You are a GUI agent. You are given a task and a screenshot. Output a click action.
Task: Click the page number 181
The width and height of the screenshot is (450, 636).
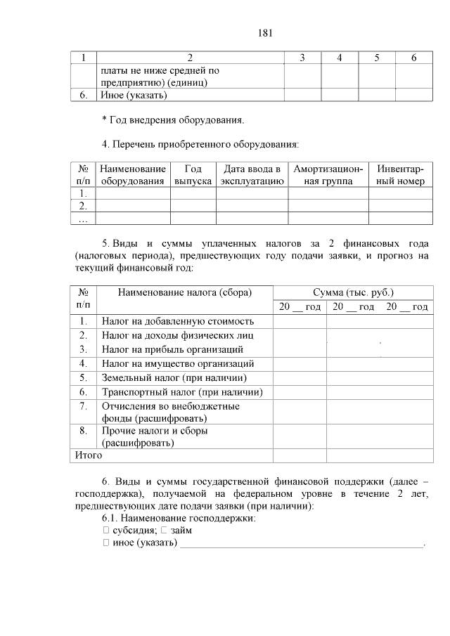[264, 33]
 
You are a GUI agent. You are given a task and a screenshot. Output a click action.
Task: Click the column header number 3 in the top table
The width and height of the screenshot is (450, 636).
[302, 58]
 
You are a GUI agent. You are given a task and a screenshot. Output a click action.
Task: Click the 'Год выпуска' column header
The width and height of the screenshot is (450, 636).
[193, 175]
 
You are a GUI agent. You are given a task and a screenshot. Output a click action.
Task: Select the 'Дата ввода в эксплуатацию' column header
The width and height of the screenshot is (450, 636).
[252, 175]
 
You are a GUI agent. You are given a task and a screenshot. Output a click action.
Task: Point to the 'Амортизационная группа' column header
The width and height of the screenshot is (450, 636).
[328, 175]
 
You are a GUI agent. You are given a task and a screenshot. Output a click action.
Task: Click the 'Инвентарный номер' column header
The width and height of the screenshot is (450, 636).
[400, 175]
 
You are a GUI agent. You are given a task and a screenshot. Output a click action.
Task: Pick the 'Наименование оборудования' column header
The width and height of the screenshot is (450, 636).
[133, 175]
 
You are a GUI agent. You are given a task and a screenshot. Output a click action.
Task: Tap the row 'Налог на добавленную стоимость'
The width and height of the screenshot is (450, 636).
[177, 322]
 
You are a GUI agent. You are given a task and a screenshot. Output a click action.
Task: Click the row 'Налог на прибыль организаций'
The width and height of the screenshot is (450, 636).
[172, 349]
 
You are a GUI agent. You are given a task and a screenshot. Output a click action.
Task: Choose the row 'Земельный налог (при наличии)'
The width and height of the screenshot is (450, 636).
[178, 377]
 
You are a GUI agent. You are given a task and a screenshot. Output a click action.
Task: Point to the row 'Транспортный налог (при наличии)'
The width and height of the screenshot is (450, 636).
[182, 391]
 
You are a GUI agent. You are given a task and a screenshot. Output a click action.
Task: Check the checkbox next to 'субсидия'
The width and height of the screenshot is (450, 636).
[105, 531]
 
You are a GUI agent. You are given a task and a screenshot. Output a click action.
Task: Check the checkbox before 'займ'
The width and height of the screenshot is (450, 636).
[163, 531]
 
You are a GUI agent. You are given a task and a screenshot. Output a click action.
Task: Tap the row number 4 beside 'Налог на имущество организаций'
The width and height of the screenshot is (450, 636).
[83, 363]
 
